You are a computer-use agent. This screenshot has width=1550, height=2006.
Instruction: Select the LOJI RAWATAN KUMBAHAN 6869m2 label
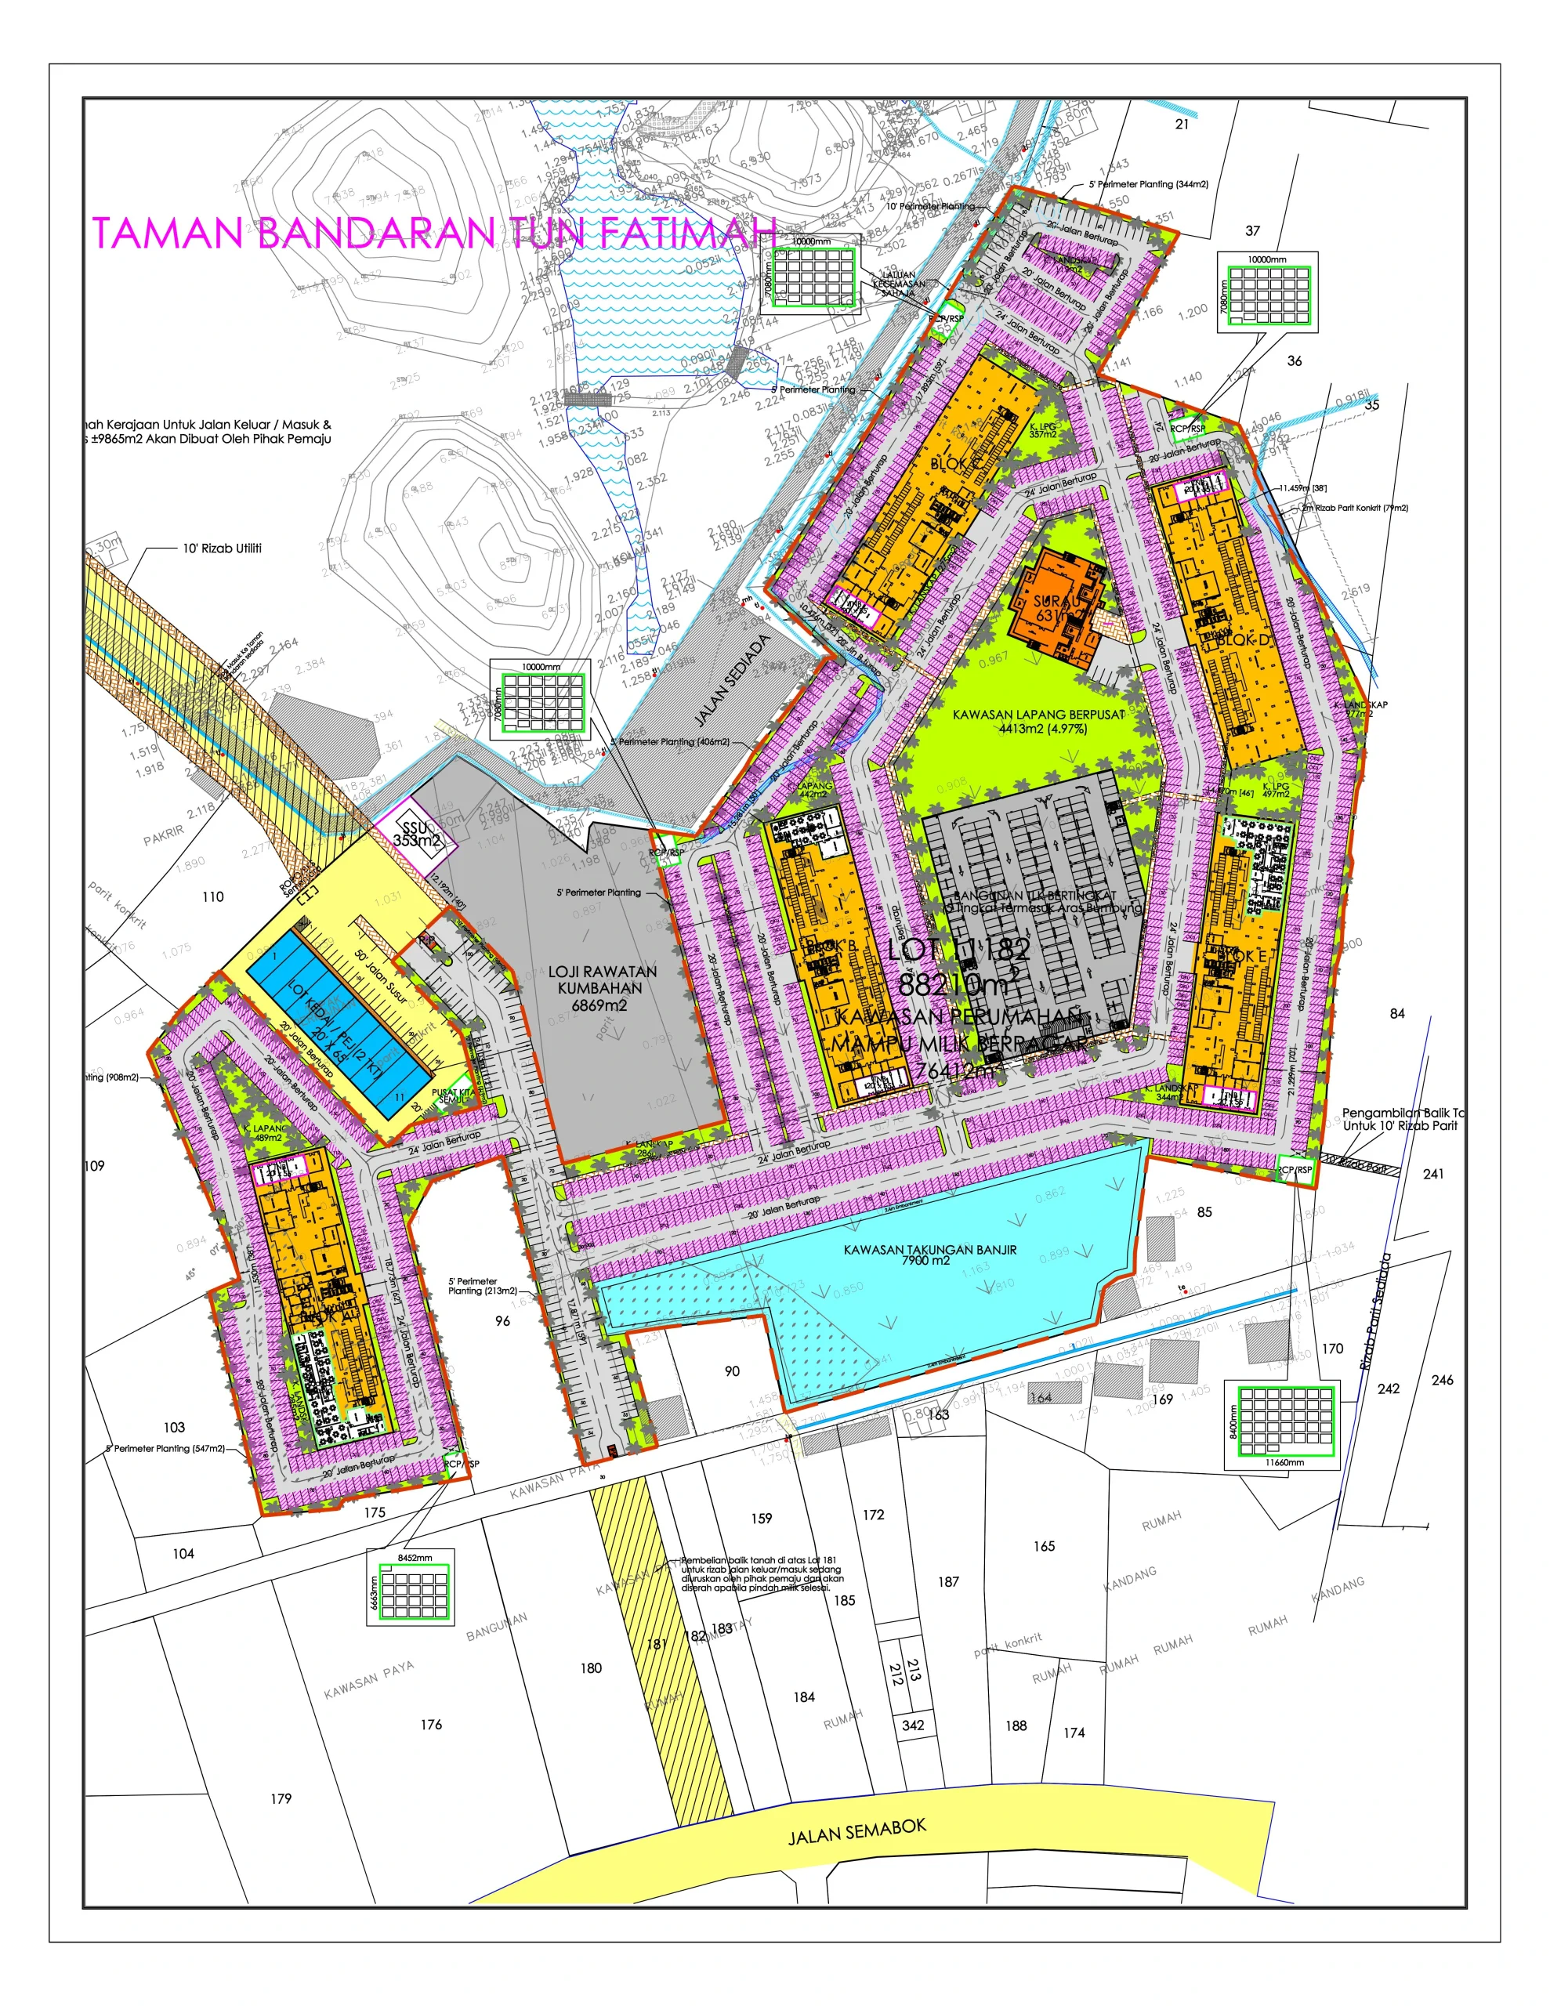coord(602,987)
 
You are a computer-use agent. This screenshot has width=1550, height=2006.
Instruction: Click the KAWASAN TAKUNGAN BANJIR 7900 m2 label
coord(930,1255)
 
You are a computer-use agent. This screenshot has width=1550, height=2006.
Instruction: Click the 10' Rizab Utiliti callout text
coord(223,549)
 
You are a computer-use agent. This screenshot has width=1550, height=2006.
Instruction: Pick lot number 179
coord(281,1798)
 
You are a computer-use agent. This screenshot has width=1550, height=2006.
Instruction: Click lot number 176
coord(431,1724)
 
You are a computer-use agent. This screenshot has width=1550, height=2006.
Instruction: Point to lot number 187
coord(948,1581)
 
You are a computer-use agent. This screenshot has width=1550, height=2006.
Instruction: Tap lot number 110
coord(212,896)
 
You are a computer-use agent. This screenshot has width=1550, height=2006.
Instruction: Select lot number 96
coord(502,1321)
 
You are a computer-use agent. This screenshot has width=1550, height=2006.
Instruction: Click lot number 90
coord(731,1371)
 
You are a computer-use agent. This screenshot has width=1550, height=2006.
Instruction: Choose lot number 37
coord(1252,230)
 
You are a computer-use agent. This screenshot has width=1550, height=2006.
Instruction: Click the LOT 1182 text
coord(958,949)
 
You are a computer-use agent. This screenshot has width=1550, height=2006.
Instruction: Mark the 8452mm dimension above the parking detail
coord(415,1558)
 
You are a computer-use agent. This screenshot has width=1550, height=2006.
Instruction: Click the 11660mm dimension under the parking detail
coord(1284,1462)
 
